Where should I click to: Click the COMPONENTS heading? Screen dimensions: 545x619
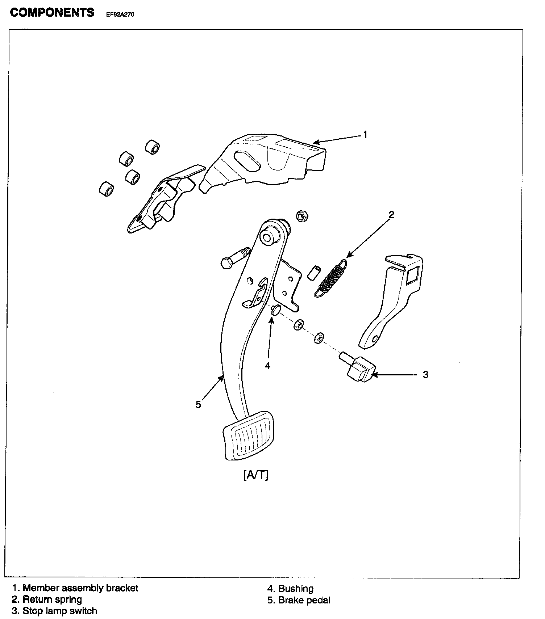click(52, 13)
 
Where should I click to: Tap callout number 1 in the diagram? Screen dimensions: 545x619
click(365, 135)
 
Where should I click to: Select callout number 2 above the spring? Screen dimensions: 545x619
click(391, 215)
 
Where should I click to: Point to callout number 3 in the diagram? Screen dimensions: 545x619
click(425, 375)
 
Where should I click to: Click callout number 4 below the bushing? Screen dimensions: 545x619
click(267, 366)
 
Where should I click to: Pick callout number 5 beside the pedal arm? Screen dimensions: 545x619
click(198, 404)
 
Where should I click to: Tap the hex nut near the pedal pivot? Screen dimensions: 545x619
click(302, 216)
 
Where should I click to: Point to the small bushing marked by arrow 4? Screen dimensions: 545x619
click(275, 309)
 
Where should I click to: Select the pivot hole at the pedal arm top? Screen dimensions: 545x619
click(268, 237)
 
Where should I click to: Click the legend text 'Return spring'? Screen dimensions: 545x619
click(52, 599)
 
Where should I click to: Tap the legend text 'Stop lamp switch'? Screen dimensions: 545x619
click(60, 611)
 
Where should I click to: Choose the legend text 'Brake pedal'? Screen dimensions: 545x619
click(304, 600)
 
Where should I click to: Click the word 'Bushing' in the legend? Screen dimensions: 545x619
click(296, 589)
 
